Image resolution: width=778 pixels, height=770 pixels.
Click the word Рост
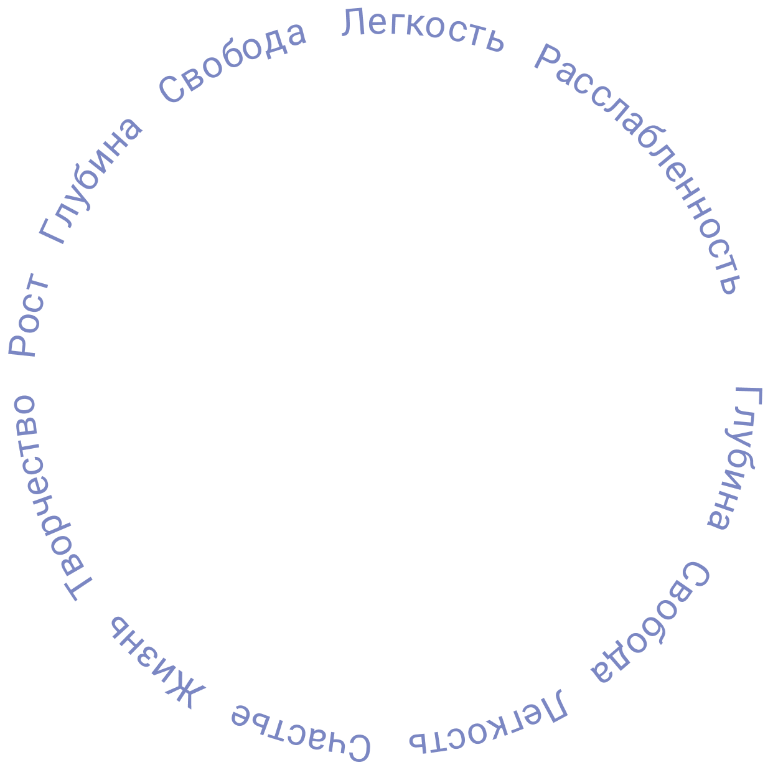pyautogui.click(x=29, y=316)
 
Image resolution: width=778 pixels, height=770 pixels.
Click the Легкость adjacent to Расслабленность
pyautogui.click(x=424, y=31)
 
